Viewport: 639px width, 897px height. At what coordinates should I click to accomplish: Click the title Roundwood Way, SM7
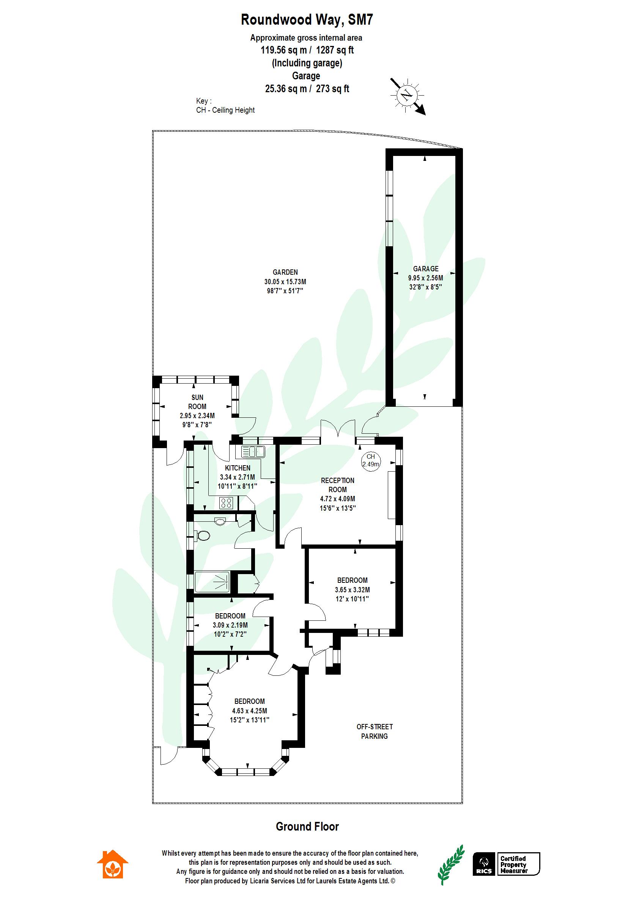click(307, 20)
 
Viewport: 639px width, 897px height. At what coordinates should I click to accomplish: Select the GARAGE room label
click(425, 269)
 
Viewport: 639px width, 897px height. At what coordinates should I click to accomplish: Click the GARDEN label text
click(285, 272)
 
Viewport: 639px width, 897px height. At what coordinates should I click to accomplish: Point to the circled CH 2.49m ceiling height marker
click(371, 460)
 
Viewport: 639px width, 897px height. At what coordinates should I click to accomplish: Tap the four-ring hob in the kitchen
click(226, 502)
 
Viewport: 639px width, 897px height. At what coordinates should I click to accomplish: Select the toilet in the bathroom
click(203, 535)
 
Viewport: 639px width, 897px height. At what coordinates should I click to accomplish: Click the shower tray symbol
click(213, 582)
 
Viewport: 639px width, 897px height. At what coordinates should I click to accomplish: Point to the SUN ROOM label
click(197, 402)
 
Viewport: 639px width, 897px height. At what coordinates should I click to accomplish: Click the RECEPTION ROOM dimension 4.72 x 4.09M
click(337, 499)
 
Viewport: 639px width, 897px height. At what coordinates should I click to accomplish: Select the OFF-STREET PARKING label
click(374, 731)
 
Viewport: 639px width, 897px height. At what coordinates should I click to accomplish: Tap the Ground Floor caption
click(307, 826)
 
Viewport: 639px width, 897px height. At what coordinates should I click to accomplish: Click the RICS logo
click(483, 864)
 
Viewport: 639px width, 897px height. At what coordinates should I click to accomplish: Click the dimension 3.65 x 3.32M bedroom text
click(352, 590)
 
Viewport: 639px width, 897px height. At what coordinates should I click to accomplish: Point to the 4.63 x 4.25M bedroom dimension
click(249, 711)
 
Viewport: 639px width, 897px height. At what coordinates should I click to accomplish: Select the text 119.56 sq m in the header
click(283, 50)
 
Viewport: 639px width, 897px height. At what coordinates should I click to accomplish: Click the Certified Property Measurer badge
click(518, 864)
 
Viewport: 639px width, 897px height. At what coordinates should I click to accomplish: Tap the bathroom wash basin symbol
click(220, 522)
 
